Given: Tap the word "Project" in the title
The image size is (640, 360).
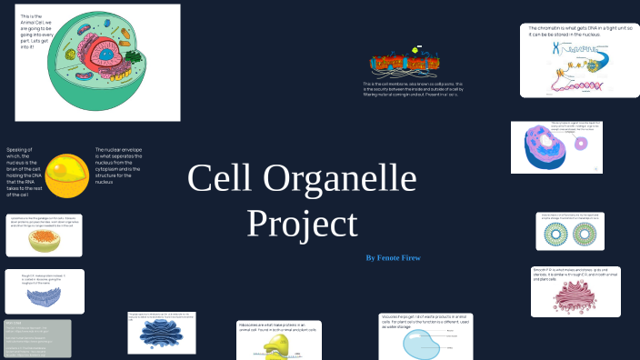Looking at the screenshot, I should [x=303, y=223].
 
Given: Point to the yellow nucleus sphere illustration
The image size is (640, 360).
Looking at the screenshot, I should [x=67, y=175].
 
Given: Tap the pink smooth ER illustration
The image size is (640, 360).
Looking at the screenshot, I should [x=576, y=297].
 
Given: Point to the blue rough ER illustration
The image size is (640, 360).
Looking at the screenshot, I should [x=43, y=296].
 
